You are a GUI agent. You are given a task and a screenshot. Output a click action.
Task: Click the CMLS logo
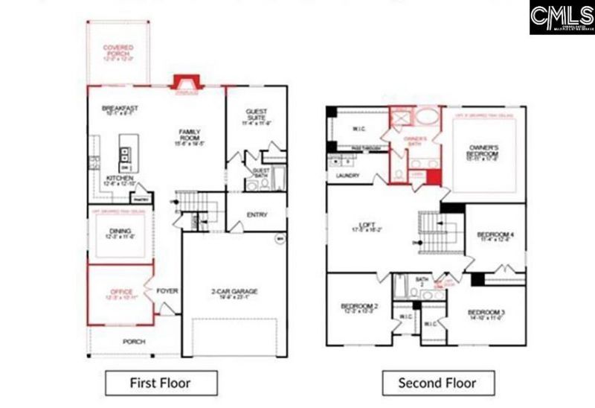click(x=562, y=17)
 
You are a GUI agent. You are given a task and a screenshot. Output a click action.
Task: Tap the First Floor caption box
click(x=161, y=383)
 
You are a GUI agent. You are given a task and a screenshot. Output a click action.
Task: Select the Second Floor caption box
click(x=438, y=383)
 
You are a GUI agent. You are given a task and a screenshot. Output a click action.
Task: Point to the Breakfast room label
click(x=120, y=109)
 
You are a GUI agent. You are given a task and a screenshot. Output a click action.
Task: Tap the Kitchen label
click(x=120, y=179)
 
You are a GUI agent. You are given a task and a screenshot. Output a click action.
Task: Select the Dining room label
click(x=121, y=231)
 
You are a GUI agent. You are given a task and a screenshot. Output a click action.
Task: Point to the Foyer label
click(x=167, y=290)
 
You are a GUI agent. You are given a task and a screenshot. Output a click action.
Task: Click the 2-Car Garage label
click(x=234, y=291)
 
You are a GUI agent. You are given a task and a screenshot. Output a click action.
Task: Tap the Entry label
click(x=257, y=215)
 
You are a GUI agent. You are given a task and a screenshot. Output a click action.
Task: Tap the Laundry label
click(x=348, y=176)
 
